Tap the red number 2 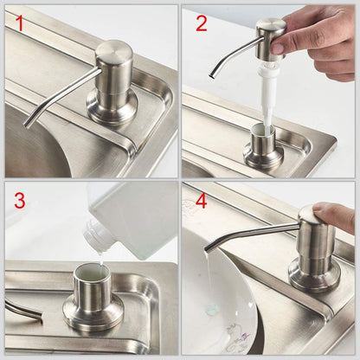tap(201, 22)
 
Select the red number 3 tap(19, 201)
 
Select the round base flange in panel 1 tap(112, 108)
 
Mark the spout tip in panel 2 tap(212, 74)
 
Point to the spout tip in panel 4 tap(209, 247)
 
